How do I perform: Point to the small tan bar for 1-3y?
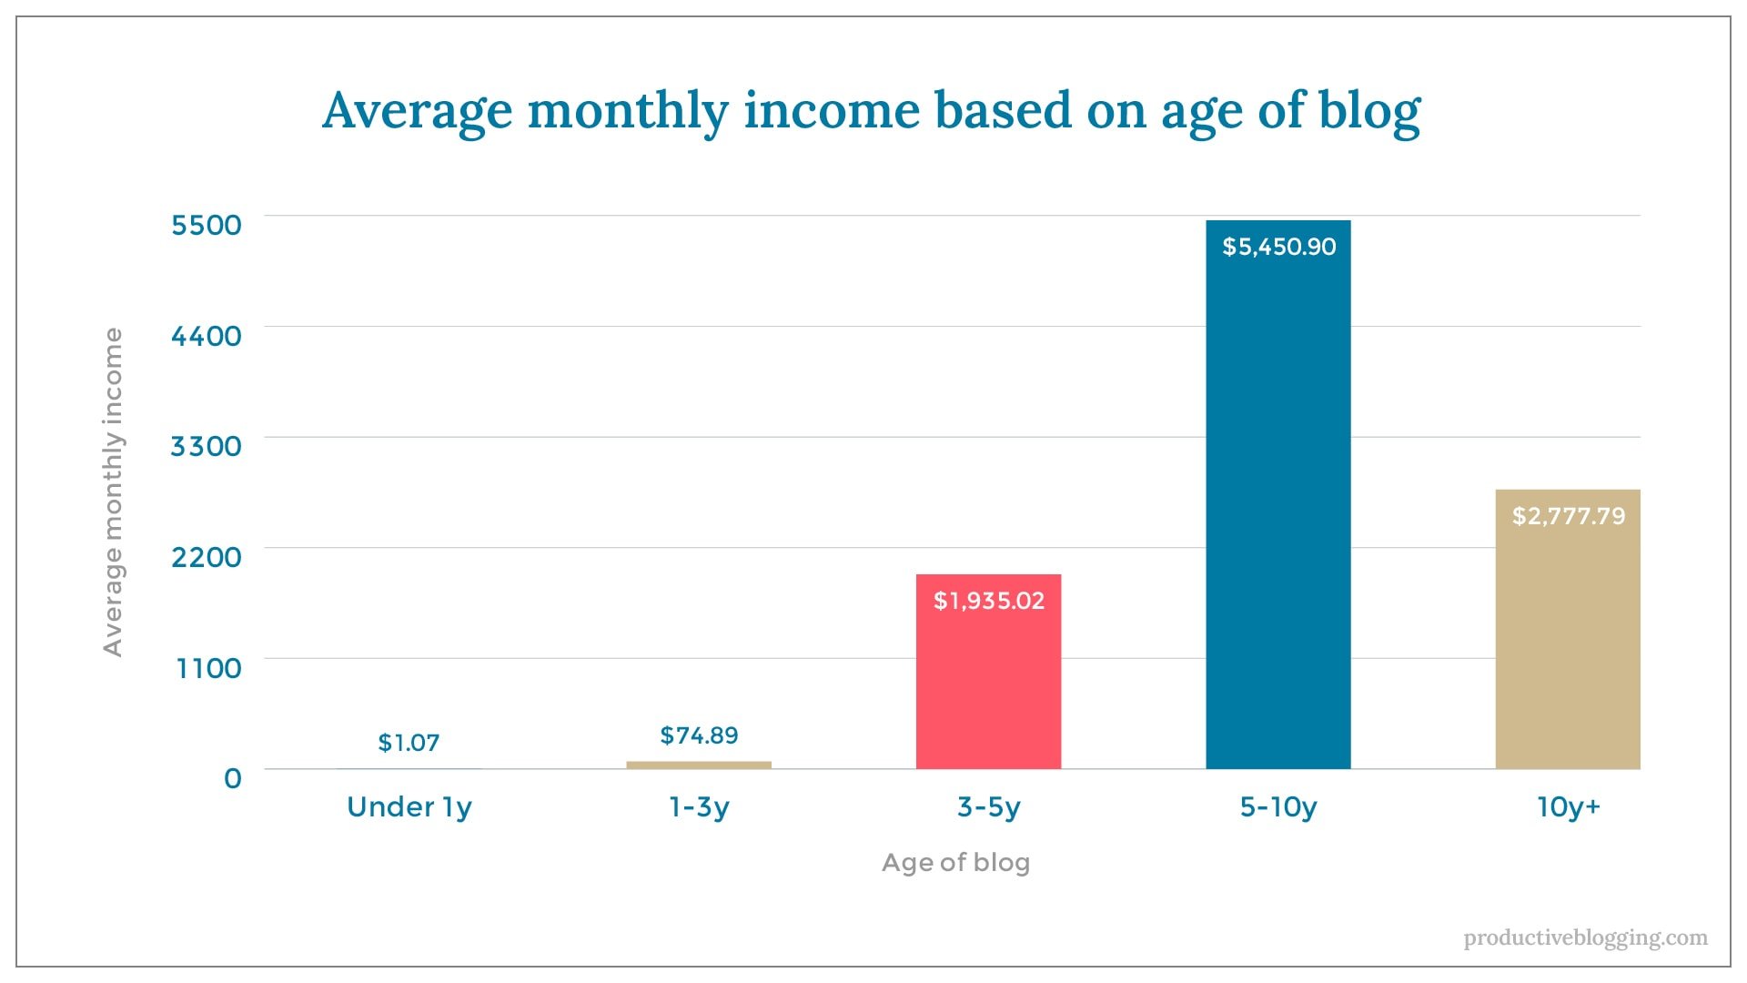click(699, 765)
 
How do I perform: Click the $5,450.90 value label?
click(1278, 247)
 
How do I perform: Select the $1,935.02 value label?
click(989, 601)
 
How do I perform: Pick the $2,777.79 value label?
click(1568, 516)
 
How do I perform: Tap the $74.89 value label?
click(699, 735)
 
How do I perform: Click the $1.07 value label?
click(409, 743)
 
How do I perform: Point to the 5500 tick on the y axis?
click(207, 225)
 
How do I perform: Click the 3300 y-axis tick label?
click(207, 446)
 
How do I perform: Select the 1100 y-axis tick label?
click(208, 668)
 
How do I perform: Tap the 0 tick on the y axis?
click(233, 778)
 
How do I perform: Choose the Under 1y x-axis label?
click(409, 807)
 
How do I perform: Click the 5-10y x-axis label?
click(1277, 807)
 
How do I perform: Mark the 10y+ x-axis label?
click(1568, 807)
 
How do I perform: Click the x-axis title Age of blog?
click(955, 862)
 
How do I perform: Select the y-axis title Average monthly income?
click(112, 491)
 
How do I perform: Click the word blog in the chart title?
click(1369, 111)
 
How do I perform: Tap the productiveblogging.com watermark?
click(1585, 937)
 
